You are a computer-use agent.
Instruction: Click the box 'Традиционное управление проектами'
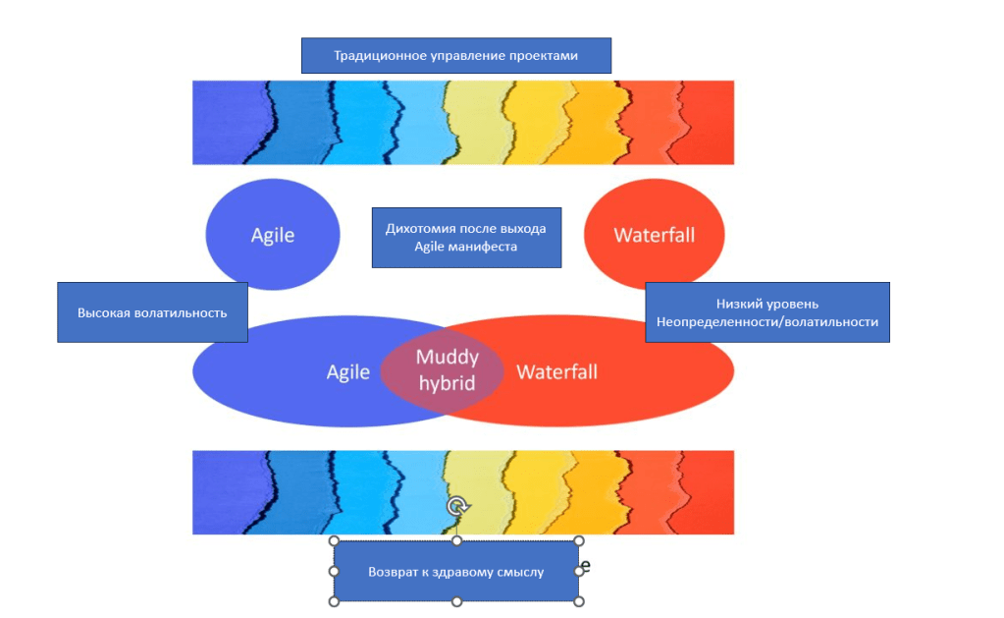point(455,56)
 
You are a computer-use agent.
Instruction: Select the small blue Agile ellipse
point(273,235)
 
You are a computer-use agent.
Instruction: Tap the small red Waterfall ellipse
point(654,235)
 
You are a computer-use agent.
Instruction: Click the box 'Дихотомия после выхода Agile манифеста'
point(465,237)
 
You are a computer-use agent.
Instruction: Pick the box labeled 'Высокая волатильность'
point(152,312)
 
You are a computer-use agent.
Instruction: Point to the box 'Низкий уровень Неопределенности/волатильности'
point(766,312)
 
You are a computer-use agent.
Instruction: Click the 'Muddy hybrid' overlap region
point(447,369)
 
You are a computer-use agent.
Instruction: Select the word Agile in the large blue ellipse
point(348,372)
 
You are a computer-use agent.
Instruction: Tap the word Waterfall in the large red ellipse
point(556,372)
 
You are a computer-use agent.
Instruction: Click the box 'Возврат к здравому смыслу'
point(455,571)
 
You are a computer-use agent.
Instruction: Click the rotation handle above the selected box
point(456,507)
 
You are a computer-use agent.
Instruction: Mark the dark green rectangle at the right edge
point(967,468)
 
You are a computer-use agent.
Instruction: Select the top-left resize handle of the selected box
point(334,541)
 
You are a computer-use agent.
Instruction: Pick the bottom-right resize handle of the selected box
point(579,601)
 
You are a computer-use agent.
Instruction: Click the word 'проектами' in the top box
point(543,56)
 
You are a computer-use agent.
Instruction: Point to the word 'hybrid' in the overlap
point(447,382)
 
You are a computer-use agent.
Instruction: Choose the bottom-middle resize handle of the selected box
point(456,601)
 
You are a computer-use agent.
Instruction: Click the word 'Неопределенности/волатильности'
point(766,321)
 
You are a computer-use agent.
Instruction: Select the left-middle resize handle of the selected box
point(334,571)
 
